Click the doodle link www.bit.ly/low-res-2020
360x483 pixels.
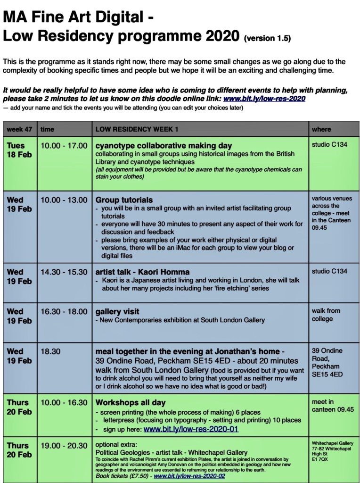click(x=264, y=99)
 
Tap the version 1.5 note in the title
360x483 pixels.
click(x=267, y=39)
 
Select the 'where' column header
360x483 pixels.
click(x=321, y=129)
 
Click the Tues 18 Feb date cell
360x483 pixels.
click(x=17, y=150)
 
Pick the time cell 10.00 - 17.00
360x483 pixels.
click(x=64, y=146)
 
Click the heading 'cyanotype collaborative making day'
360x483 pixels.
click(x=164, y=146)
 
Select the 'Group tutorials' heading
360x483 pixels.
click(x=124, y=200)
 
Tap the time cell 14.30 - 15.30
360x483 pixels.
click(x=64, y=272)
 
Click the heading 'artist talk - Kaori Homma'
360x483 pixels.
click(x=142, y=272)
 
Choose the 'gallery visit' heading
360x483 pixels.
click(x=117, y=312)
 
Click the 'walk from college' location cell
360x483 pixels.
click(x=326, y=315)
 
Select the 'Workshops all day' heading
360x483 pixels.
click(x=130, y=403)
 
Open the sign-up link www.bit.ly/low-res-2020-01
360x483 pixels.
click(x=191, y=429)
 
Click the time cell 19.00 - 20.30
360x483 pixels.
click(x=64, y=446)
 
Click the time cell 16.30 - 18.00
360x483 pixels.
click(x=64, y=312)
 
